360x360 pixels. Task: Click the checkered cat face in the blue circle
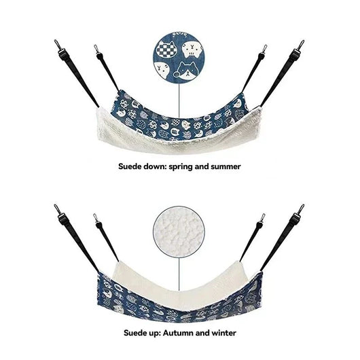point(165,49)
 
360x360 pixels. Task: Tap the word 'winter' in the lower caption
point(224,333)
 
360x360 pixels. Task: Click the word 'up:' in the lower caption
point(154,334)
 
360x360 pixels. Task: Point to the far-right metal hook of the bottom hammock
point(301,209)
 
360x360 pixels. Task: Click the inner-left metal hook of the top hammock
point(96,49)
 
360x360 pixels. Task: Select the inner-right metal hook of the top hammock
point(264,49)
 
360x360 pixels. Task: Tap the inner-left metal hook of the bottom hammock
point(96,217)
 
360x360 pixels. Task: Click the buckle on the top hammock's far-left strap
point(62,55)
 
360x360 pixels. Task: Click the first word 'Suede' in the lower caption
point(134,333)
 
